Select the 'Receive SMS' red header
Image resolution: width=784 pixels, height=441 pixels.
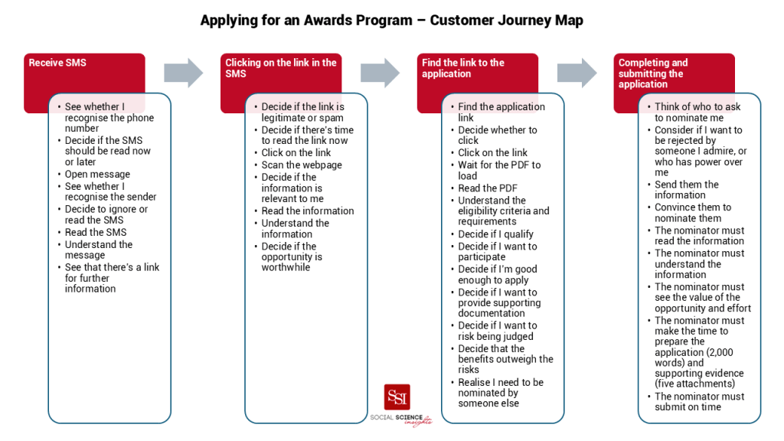(57, 63)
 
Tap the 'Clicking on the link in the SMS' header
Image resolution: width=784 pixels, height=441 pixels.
(280, 68)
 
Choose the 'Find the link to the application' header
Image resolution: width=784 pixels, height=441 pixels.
(462, 68)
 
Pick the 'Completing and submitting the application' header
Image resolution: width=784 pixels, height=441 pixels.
(652, 73)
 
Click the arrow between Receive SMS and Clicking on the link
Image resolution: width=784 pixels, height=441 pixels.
(184, 73)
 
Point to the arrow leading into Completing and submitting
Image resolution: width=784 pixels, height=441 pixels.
(577, 73)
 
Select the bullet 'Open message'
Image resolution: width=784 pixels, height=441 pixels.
(97, 174)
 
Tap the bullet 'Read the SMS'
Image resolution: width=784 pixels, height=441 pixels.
(96, 232)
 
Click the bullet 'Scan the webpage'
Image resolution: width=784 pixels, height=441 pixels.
(302, 165)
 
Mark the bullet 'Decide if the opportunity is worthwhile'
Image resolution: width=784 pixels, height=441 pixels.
(292, 257)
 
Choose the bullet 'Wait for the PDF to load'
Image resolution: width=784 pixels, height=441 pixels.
(499, 170)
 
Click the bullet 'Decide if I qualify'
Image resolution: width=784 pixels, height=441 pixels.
(495, 234)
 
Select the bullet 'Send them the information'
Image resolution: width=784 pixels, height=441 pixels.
(687, 190)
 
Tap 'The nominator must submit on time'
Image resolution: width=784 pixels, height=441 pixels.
(699, 402)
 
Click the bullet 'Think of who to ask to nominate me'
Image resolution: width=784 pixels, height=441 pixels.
(697, 113)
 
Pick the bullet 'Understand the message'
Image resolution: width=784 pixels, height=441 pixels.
(98, 250)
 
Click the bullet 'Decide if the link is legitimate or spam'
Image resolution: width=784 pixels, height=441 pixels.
(302, 113)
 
